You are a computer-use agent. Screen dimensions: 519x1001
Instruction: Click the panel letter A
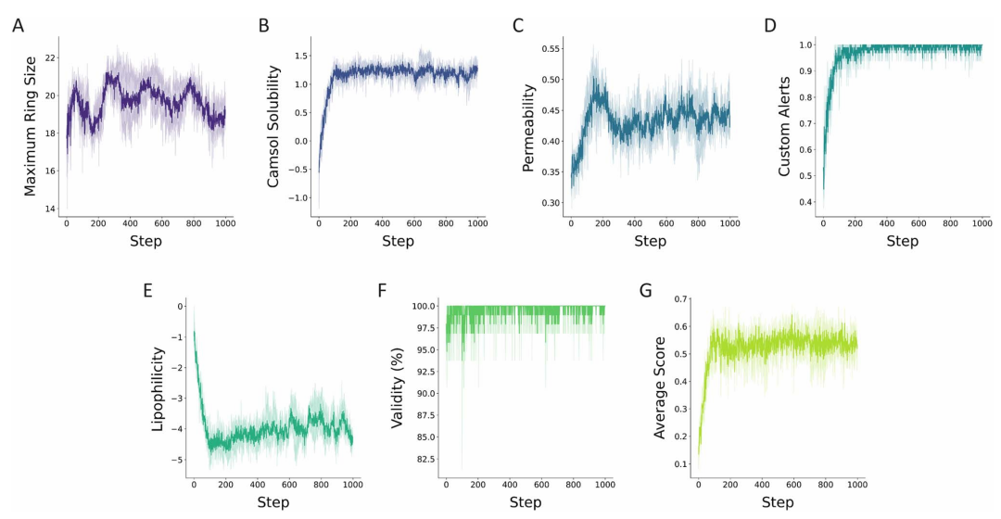pos(18,25)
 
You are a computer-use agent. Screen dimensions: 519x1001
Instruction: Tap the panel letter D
pos(769,25)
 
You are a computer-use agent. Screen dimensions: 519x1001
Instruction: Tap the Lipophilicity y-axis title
pos(157,389)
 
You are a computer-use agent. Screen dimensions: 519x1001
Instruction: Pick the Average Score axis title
pos(660,389)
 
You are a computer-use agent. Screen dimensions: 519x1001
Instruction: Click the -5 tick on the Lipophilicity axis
pos(180,460)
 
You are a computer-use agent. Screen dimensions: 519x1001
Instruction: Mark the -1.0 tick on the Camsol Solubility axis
pos(298,198)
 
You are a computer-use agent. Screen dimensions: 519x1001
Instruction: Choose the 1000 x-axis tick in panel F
pos(604,486)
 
